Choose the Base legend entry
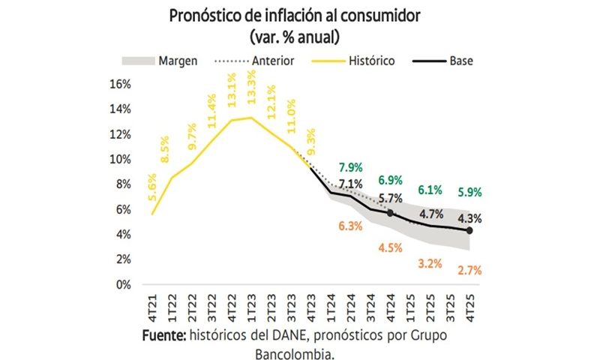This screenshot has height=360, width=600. (461, 60)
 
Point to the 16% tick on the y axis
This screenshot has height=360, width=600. (120, 83)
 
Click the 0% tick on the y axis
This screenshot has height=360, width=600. (123, 285)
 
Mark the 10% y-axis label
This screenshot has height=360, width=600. (120, 159)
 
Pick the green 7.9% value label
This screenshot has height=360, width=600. (350, 166)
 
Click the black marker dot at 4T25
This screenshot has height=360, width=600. (469, 231)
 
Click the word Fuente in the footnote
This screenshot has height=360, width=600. (165, 335)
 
